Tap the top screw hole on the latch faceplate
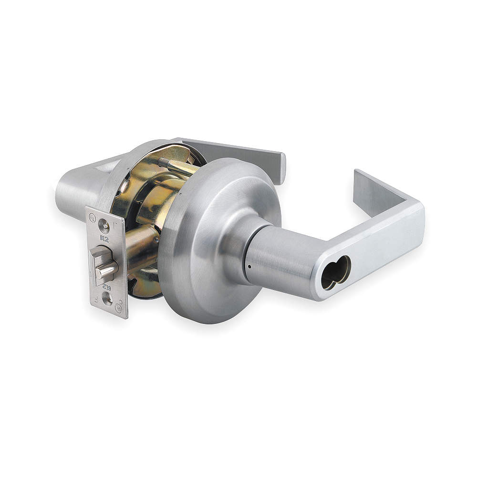tap(103, 224)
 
